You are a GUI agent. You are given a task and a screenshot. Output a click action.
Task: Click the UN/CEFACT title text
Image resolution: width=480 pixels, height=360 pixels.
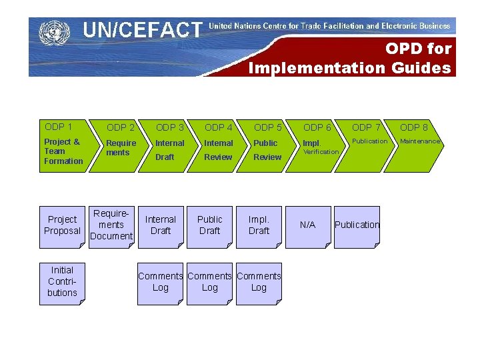(142, 30)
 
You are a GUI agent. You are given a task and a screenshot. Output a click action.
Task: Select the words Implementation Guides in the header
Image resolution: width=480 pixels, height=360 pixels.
(349, 67)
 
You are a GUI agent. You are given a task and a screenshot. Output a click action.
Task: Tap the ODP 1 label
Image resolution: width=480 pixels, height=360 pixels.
(58, 127)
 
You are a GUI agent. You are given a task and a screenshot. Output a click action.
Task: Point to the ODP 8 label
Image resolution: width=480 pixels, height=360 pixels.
(414, 127)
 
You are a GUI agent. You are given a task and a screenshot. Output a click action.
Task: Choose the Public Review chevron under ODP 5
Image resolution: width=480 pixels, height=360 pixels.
(267, 151)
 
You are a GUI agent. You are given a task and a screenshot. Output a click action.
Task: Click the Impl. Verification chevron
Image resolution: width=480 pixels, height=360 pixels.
(317, 148)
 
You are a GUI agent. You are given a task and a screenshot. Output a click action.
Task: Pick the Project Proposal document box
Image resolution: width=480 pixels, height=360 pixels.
(62, 226)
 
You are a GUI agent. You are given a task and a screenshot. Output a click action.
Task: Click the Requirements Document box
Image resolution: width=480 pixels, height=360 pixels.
(111, 226)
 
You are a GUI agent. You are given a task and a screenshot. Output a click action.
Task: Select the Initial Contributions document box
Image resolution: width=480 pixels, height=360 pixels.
(62, 282)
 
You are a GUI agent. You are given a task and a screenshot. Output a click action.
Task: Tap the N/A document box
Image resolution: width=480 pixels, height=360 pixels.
(307, 226)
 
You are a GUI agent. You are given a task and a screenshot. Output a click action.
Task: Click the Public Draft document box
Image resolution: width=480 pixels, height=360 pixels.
(209, 226)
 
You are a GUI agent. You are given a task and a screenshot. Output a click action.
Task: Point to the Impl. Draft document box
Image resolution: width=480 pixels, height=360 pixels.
(259, 226)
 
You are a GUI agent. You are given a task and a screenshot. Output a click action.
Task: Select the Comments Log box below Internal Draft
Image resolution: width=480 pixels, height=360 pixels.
(161, 282)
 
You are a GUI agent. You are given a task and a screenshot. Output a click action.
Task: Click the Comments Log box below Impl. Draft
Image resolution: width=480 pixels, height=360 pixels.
(259, 282)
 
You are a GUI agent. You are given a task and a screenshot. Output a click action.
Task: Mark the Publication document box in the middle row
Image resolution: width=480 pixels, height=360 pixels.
(357, 226)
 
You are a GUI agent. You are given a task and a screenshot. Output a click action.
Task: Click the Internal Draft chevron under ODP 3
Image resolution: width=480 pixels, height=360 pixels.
(169, 151)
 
